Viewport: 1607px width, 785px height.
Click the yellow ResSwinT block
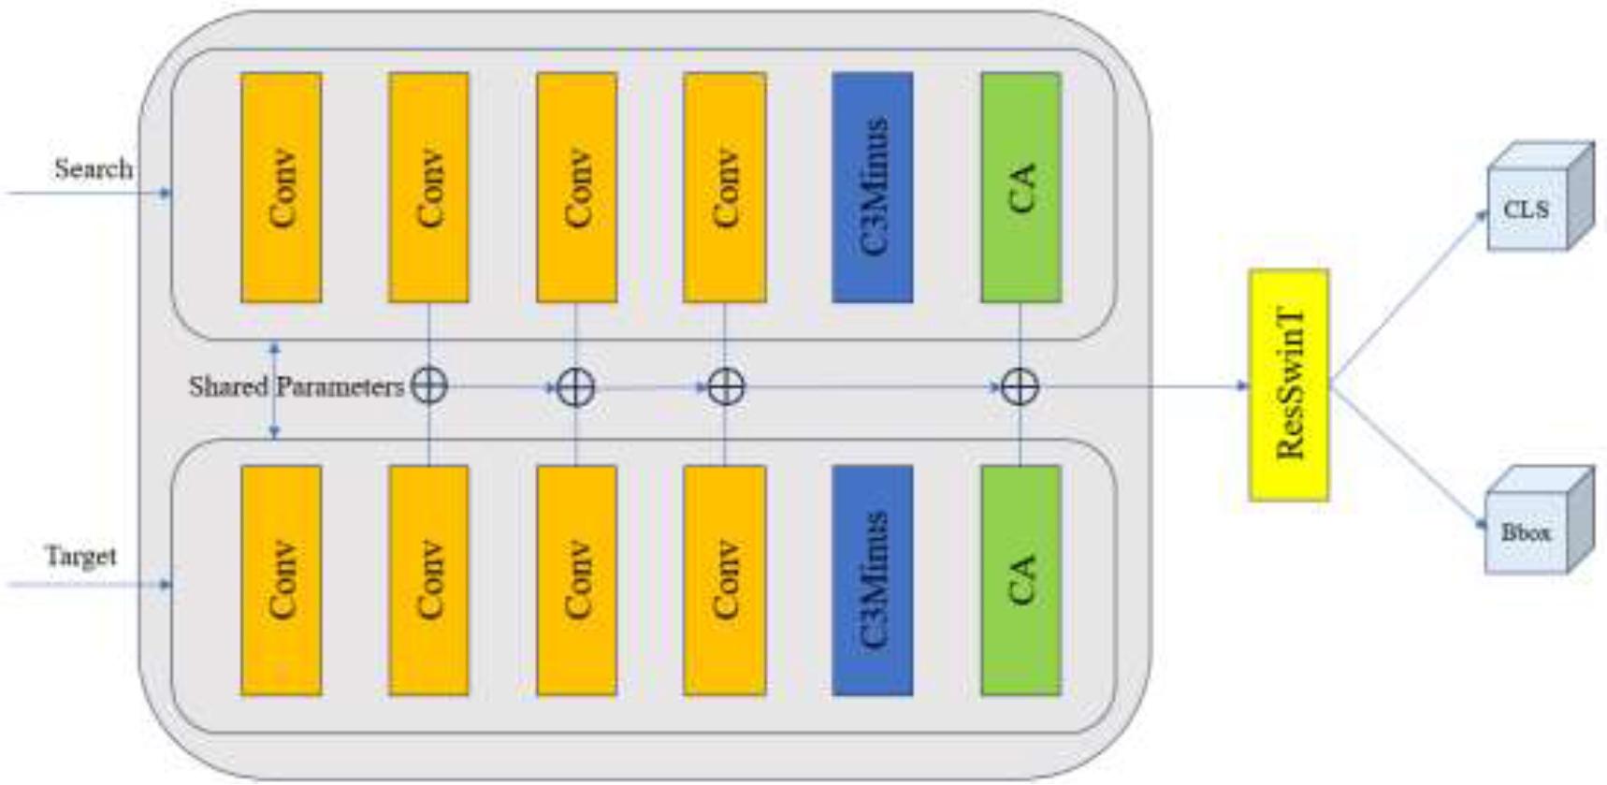click(1288, 385)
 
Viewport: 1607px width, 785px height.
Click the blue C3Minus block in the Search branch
click(872, 187)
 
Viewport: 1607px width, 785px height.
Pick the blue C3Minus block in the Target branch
click(872, 580)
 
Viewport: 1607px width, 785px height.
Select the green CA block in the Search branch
click(1021, 187)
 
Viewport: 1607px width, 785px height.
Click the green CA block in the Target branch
click(1021, 580)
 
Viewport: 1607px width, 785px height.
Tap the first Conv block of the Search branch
click(281, 187)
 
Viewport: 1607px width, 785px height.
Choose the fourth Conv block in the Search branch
click(724, 187)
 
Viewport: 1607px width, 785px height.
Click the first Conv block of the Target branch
click(281, 580)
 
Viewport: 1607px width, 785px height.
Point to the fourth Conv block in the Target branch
click(724, 580)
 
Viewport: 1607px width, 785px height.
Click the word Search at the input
click(93, 169)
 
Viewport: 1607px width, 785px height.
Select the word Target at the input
click(81, 556)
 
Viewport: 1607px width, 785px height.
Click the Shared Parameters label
click(296, 386)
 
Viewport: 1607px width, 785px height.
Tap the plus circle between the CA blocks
click(1020, 386)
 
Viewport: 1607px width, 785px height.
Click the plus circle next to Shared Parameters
click(428, 386)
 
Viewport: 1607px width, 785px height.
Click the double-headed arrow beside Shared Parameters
click(274, 390)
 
